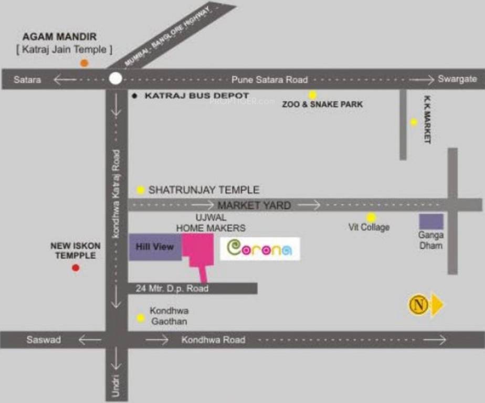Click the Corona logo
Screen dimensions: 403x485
click(x=260, y=249)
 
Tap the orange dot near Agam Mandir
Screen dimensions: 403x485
click(x=84, y=63)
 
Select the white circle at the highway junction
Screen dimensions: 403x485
click(x=115, y=79)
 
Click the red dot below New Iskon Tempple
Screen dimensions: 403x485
click(x=76, y=268)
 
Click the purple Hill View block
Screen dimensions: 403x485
click(x=155, y=247)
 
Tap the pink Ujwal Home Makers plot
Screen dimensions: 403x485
click(x=198, y=252)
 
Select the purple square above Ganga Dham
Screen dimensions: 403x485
click(x=431, y=221)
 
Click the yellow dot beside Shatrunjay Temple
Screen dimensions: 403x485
click(x=141, y=190)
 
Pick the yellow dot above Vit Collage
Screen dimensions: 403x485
click(x=371, y=217)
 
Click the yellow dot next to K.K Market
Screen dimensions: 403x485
click(x=414, y=122)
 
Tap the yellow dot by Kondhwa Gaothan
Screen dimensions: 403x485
click(x=141, y=317)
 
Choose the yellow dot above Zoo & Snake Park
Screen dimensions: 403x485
click(x=313, y=95)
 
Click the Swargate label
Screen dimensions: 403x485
click(x=457, y=79)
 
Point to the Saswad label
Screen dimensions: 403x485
click(x=44, y=340)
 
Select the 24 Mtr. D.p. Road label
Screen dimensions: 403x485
click(x=172, y=289)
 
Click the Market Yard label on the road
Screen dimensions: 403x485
click(x=254, y=205)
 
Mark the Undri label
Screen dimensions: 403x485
click(x=117, y=386)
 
